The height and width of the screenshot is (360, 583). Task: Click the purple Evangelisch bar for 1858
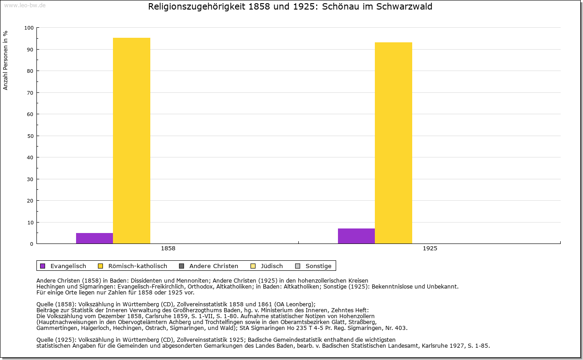94,238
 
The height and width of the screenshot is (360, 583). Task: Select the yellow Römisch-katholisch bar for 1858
132,141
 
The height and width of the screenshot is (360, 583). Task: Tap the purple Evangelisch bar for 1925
356,236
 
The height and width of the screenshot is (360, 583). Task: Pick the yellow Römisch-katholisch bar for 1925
394,143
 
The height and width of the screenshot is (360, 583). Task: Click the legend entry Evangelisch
68,266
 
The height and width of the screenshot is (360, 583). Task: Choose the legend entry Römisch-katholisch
138,266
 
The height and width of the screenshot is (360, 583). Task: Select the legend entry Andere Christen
214,266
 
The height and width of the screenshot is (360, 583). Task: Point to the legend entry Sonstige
318,266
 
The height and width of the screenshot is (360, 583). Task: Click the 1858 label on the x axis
168,248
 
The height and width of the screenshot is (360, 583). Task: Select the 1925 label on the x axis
430,248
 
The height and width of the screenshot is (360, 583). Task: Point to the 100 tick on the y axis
29,28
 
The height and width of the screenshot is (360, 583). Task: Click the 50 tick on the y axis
30,136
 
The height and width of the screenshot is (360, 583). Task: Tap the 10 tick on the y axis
30,223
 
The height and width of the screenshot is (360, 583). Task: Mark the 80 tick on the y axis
30,71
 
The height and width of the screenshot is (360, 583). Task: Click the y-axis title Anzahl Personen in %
6,60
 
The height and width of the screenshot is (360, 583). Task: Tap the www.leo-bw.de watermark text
25,5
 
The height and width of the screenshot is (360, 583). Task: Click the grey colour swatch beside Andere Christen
181,266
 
